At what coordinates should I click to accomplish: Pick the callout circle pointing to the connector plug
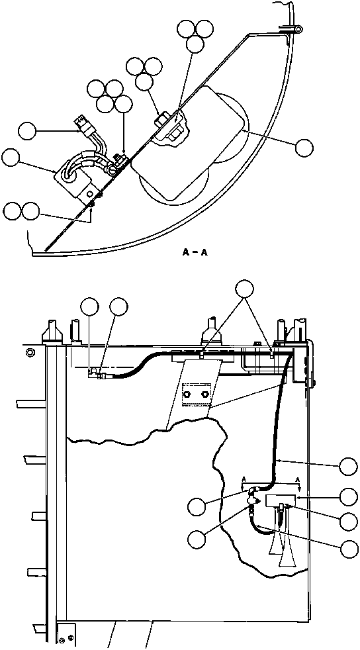[26, 130]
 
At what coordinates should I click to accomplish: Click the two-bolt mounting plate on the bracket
[197, 395]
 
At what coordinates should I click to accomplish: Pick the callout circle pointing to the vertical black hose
[348, 465]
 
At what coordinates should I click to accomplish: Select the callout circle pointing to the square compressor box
[11, 158]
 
